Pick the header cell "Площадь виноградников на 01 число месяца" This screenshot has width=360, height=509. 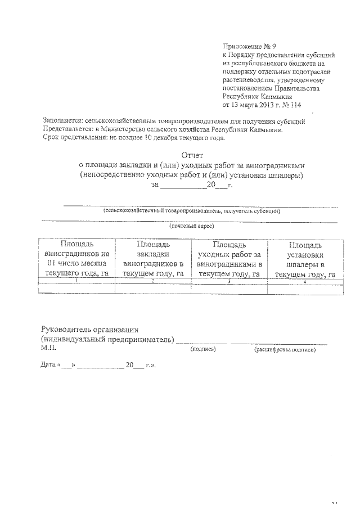[x=76, y=259]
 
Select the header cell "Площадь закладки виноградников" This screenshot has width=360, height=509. [x=153, y=259]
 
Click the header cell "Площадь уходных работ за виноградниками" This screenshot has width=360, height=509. [x=229, y=259]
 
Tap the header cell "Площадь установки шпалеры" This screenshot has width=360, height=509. [x=304, y=259]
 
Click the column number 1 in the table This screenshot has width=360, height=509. [x=76, y=281]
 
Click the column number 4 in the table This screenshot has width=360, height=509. [x=304, y=281]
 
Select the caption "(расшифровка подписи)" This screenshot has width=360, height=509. [x=285, y=349]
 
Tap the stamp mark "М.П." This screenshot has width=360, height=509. [x=49, y=349]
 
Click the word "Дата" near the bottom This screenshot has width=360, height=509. [x=48, y=365]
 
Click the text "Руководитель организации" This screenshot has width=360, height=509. [x=89, y=330]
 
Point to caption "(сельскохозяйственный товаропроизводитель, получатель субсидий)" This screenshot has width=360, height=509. [x=192, y=211]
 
